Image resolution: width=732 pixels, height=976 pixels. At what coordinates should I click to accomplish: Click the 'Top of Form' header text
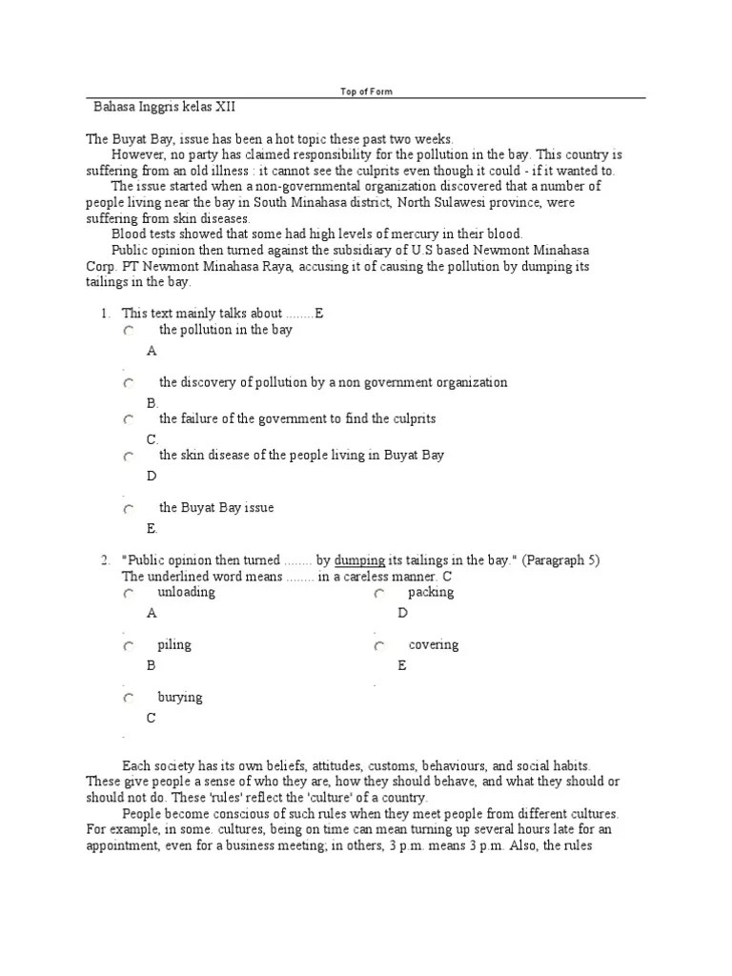pos(366,91)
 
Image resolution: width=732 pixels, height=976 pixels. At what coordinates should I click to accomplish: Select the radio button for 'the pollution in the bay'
pos(129,332)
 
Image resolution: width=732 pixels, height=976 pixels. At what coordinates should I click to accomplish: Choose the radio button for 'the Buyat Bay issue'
pos(129,509)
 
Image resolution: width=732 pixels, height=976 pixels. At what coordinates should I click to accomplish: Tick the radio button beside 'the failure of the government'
pos(129,420)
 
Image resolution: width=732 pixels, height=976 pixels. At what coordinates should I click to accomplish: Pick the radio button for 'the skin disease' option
pos(129,457)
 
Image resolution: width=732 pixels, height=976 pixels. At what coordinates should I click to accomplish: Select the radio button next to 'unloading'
pos(129,594)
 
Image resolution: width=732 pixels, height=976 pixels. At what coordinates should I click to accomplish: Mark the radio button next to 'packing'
pos(378,594)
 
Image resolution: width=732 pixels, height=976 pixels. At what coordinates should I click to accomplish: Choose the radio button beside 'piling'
pos(129,646)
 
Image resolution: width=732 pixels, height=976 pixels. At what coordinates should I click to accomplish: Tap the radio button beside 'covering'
pos(378,646)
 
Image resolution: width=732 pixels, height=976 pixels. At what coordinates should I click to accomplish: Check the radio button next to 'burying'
pos(129,699)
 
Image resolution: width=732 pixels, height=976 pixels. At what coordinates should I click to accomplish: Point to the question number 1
pos(106,313)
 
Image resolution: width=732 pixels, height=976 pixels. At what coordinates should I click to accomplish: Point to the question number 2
pos(106,560)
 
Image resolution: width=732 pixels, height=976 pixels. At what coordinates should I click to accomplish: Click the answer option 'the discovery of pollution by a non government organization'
pos(333,382)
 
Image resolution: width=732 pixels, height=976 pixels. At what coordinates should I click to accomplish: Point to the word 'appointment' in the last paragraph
pos(120,844)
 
